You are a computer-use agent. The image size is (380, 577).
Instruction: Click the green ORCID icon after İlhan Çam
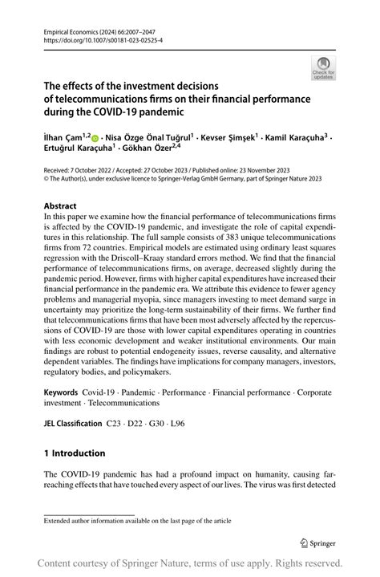coord(96,137)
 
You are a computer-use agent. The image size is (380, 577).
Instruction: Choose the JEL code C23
coord(115,422)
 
